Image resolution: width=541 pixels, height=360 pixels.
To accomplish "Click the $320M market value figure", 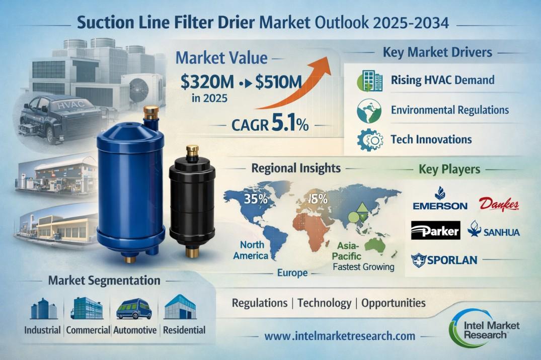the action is click(x=207, y=82).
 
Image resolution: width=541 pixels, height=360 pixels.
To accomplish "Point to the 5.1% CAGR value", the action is click(x=290, y=124).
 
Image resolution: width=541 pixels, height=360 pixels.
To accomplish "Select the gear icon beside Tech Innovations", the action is click(x=370, y=139).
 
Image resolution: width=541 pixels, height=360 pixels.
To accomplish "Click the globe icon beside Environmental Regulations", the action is click(x=369, y=111).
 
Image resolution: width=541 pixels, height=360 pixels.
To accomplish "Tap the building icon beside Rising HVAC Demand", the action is click(x=370, y=80).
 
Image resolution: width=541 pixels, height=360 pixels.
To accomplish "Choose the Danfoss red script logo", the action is click(x=499, y=204).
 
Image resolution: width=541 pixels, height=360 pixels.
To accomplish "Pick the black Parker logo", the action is click(x=435, y=230).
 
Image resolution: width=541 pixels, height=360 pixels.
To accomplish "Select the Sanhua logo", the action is click(x=494, y=230).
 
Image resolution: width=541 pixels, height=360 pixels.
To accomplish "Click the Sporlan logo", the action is click(x=444, y=259).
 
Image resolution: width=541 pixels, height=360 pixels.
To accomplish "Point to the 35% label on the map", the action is click(x=256, y=199).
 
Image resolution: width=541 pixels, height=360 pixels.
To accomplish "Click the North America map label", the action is click(x=251, y=250).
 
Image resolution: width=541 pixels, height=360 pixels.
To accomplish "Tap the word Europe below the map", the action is click(x=292, y=273).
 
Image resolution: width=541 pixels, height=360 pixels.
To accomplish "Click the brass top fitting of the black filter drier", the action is click(x=192, y=152).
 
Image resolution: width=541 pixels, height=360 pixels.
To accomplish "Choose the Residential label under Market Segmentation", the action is click(x=184, y=330).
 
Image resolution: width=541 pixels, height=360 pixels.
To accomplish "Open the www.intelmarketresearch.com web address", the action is click(x=340, y=336).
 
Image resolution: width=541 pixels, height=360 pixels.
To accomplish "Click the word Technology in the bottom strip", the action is click(x=324, y=303).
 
